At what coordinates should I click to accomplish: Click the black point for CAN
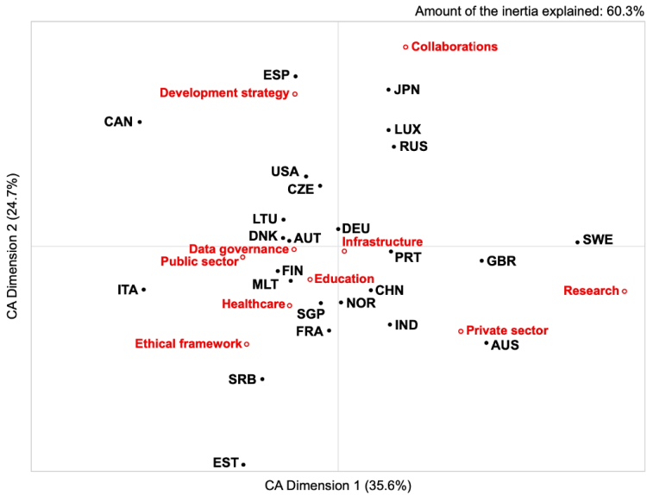140,122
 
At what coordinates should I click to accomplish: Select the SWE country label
598,240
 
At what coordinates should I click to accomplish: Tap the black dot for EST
243,464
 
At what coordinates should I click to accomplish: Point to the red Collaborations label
455,47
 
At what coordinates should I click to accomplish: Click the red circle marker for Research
624,291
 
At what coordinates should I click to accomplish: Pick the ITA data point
143,290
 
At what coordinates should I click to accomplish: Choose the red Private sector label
507,330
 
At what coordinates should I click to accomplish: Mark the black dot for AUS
487,343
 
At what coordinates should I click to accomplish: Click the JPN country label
407,90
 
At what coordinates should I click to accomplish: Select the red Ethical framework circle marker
247,344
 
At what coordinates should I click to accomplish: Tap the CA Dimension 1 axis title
338,484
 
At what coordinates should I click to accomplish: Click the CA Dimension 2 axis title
12,248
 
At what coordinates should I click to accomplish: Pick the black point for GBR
482,260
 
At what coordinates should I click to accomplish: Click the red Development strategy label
224,93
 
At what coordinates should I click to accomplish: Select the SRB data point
262,379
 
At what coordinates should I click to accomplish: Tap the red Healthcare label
253,304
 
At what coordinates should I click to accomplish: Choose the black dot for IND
390,325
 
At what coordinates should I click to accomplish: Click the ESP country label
277,76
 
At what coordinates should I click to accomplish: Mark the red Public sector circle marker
243,257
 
